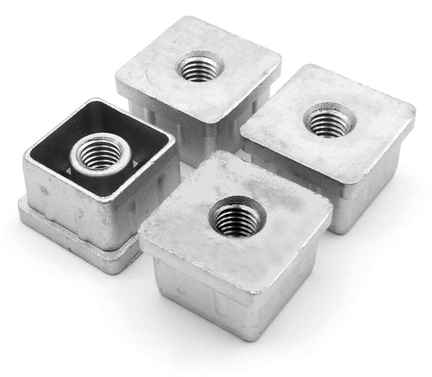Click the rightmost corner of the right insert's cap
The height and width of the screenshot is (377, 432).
[413, 122]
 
